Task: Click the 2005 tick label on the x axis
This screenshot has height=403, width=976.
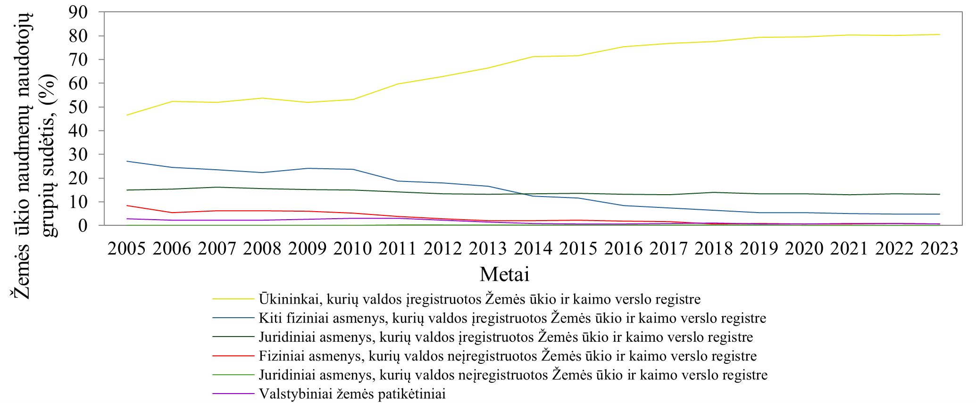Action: click(x=126, y=248)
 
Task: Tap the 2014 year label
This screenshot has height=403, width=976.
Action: click(x=533, y=248)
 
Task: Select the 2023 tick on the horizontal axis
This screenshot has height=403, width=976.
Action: click(x=940, y=248)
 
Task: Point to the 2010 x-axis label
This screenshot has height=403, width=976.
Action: click(x=352, y=248)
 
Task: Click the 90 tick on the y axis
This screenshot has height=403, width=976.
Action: click(x=78, y=12)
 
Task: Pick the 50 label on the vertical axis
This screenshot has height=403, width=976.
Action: click(x=78, y=107)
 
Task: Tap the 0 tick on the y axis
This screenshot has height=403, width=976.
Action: click(x=83, y=225)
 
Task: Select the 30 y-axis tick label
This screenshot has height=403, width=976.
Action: click(x=78, y=154)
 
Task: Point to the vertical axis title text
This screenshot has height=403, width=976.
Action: click(x=33, y=156)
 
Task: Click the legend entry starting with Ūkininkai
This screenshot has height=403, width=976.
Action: click(x=479, y=299)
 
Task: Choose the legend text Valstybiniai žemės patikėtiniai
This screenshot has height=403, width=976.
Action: click(x=352, y=394)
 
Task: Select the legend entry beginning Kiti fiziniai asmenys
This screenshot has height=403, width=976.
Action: click(x=512, y=318)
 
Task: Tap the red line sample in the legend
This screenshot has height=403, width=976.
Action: click(x=233, y=356)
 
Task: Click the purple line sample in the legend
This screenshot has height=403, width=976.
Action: click(x=233, y=394)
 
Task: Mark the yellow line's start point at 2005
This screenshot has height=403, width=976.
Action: click(x=127, y=115)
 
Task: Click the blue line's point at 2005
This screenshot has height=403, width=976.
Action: click(x=127, y=161)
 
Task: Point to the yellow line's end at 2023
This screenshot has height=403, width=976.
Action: click(x=940, y=34)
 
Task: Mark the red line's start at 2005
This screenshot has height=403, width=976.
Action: click(x=127, y=206)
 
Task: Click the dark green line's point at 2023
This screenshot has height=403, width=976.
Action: click(x=940, y=194)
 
